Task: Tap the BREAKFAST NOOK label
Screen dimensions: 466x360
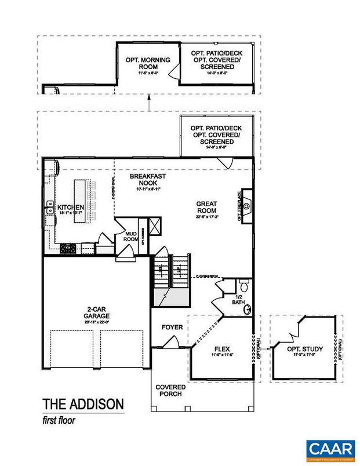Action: pos(144,180)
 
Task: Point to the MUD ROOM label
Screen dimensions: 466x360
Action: pos(130,237)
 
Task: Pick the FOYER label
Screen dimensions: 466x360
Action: pos(172,327)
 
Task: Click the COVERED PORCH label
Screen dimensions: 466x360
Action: pos(170,390)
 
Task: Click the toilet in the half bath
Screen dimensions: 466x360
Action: pos(244,286)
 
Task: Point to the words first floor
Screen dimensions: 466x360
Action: pos(59,419)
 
